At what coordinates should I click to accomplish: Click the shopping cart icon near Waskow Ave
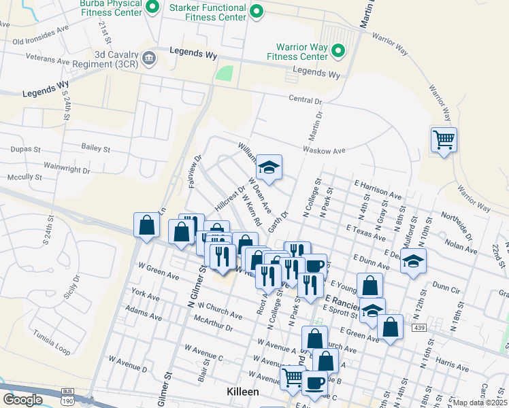pyautogui.click(x=444, y=140)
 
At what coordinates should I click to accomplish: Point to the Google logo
pyautogui.click(x=23, y=400)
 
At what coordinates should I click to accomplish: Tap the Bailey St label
pyautogui.click(x=95, y=148)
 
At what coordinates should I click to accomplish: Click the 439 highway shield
pyautogui.click(x=438, y=327)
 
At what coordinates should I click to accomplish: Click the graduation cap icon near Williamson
pyautogui.click(x=269, y=167)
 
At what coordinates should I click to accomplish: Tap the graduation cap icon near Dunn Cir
pyautogui.click(x=413, y=261)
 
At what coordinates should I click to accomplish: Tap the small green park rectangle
pyautogui.click(x=224, y=73)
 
